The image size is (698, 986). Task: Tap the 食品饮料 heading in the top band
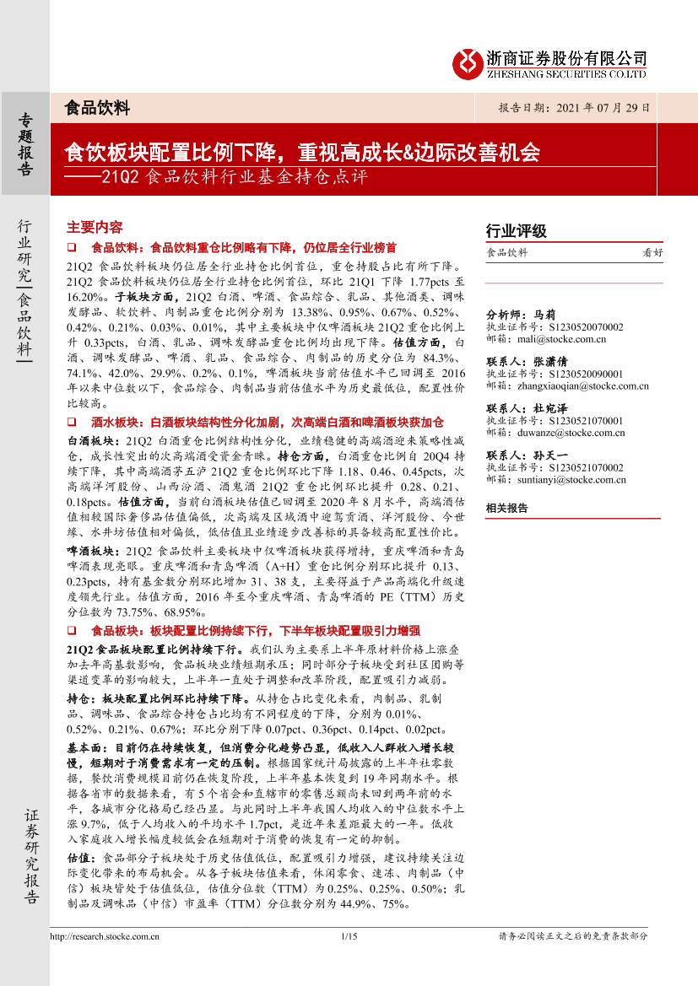point(97,108)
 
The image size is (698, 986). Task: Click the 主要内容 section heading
point(95,228)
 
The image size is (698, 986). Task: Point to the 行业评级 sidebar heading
point(517,231)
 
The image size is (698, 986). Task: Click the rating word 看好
point(652,252)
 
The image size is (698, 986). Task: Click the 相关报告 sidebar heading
point(507,508)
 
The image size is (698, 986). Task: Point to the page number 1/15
point(349,936)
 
